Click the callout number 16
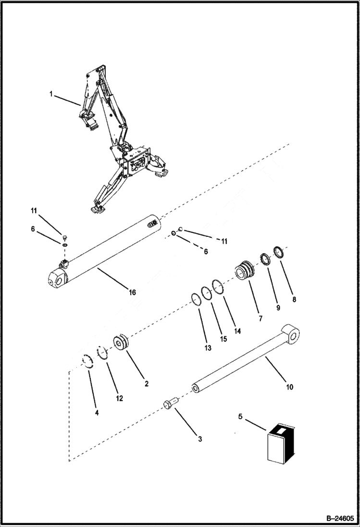(132, 292)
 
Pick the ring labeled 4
(87, 361)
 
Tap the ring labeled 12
(102, 353)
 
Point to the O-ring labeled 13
(196, 298)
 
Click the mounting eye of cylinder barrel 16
(56, 278)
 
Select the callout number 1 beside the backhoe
(51, 94)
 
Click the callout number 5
(241, 417)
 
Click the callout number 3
(200, 439)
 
